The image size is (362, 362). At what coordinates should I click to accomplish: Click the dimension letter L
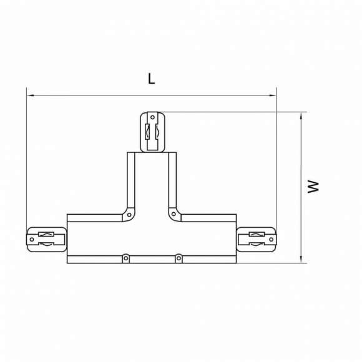tap(150, 79)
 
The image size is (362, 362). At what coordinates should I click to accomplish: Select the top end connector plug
tap(152, 132)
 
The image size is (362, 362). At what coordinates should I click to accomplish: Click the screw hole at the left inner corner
tap(129, 214)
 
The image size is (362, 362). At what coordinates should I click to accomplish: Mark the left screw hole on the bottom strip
tap(125, 257)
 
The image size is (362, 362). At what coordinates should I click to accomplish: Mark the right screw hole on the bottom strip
tap(178, 257)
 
